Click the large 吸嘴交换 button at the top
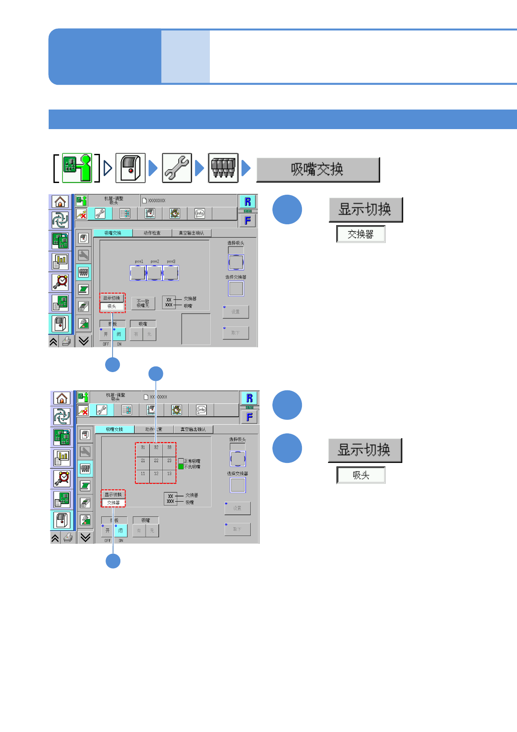pos(318,170)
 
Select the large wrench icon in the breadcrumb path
pos(177,168)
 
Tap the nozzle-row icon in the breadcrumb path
pos(223,168)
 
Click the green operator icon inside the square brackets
pos(77,167)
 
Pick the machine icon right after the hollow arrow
pos(130,168)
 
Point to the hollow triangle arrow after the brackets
pos(108,168)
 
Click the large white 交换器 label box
pos(361,234)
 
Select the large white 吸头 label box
pos(361,475)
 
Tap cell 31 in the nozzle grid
pos(143,448)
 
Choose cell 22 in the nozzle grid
pos(156,461)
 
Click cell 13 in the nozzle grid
pos(169,474)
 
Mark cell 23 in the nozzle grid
pos(169,461)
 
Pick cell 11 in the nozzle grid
pos(143,474)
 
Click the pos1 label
pos(139,262)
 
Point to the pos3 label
pos(171,262)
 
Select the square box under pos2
pos(154,273)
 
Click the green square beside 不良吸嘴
pos(181,467)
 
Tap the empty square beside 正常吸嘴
pos(181,461)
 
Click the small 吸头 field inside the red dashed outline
pos(112,306)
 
